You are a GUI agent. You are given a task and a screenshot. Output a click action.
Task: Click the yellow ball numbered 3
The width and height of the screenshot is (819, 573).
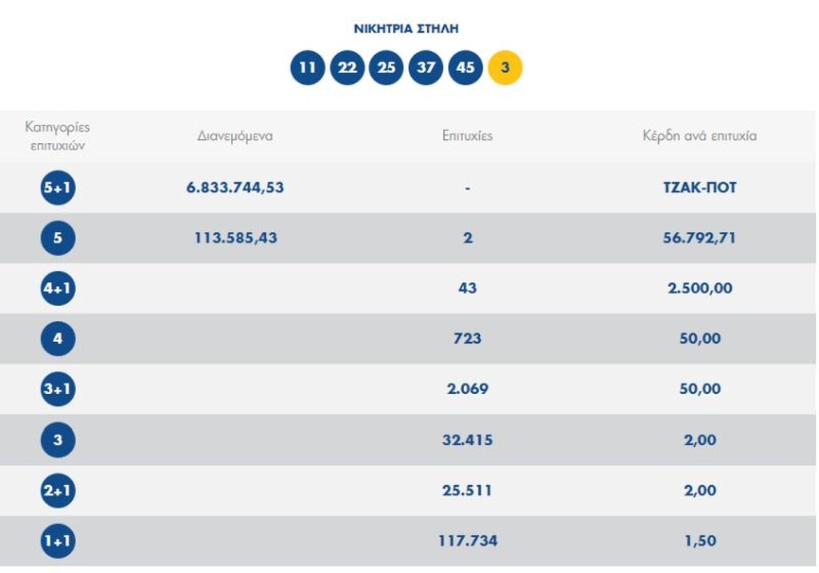pyautogui.click(x=505, y=68)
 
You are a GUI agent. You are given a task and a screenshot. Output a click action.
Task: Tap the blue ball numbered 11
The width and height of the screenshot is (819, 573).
pyautogui.click(x=307, y=68)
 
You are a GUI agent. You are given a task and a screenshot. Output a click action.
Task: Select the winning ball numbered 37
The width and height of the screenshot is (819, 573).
pyautogui.click(x=425, y=68)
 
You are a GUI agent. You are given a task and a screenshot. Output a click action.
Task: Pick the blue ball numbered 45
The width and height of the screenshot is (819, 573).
pyautogui.click(x=465, y=68)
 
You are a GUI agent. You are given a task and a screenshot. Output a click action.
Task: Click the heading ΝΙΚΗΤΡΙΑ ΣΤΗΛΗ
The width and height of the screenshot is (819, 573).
pyautogui.click(x=406, y=29)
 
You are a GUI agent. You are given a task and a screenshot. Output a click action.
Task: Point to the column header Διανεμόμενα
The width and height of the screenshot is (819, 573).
pyautogui.click(x=235, y=136)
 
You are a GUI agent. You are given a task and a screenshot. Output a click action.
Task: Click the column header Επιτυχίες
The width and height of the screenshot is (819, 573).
pyautogui.click(x=467, y=136)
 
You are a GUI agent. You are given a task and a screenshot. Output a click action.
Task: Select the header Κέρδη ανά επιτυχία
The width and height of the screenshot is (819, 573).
pyautogui.click(x=699, y=136)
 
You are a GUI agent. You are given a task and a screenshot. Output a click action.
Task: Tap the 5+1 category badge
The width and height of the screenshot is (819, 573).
pyautogui.click(x=58, y=189)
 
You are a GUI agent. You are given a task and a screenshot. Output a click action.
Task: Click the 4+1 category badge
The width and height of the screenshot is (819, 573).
pyautogui.click(x=58, y=288)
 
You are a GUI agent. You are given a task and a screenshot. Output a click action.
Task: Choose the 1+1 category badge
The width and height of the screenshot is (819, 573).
pyautogui.click(x=58, y=541)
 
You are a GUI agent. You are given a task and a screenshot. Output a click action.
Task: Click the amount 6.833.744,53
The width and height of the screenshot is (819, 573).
pyautogui.click(x=235, y=188)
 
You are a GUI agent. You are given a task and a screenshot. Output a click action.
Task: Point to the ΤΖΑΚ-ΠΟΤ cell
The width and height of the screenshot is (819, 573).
pyautogui.click(x=700, y=188)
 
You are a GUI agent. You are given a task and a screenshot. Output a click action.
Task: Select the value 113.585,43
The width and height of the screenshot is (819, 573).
pyautogui.click(x=236, y=238)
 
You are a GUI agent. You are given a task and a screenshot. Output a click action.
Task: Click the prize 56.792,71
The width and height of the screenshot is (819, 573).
pyautogui.click(x=700, y=238)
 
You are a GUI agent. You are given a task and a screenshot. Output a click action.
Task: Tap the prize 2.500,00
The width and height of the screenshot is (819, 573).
pyautogui.click(x=700, y=288)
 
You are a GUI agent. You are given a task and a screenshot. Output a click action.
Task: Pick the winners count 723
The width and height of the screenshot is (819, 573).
pyautogui.click(x=467, y=339)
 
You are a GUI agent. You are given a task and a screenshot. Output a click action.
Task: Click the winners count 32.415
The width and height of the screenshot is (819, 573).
pyautogui.click(x=467, y=440)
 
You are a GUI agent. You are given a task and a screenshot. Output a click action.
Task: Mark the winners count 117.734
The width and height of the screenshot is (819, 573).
pyautogui.click(x=467, y=541)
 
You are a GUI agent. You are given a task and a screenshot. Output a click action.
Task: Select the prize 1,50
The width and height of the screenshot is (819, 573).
pyautogui.click(x=700, y=541)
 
